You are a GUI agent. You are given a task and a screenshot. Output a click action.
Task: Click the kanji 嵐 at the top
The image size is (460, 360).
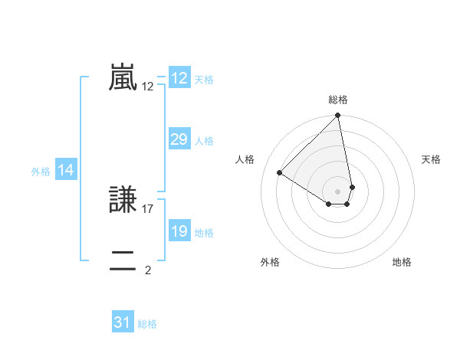(x=123, y=77)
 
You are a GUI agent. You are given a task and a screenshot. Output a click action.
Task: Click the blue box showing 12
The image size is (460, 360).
(x=179, y=78)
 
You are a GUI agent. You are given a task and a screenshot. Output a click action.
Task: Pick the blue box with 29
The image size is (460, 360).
(x=179, y=139)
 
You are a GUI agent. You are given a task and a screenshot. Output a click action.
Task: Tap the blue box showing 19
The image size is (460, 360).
(x=179, y=231)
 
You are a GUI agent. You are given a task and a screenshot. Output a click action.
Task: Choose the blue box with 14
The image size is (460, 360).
(x=66, y=171)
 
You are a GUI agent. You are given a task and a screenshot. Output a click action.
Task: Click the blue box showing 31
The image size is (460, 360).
(x=123, y=322)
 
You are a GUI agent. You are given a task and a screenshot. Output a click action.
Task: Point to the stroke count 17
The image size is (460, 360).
(x=148, y=209)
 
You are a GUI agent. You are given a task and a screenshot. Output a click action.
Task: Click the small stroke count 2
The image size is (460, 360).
(x=148, y=270)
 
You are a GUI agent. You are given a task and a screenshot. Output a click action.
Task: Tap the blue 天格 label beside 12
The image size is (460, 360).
(x=204, y=80)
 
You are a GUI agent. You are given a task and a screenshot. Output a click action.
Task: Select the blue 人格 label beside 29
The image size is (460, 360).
(x=204, y=141)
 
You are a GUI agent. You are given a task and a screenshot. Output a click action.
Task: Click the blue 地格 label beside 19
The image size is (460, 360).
(x=204, y=233)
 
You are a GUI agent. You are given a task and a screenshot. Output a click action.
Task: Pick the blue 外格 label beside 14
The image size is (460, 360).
(x=41, y=172)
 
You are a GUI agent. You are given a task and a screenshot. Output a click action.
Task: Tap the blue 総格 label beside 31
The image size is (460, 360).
(x=147, y=324)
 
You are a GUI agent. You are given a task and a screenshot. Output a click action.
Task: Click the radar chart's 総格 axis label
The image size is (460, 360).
(x=338, y=100)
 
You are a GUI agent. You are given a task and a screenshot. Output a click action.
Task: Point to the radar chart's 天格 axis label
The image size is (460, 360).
(x=431, y=159)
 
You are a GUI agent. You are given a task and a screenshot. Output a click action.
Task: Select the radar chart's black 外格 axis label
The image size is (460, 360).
(x=269, y=262)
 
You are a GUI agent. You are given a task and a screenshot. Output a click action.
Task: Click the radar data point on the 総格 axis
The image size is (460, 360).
(x=338, y=116)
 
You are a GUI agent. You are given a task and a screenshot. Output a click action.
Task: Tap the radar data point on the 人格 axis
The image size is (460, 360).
(x=280, y=173)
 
